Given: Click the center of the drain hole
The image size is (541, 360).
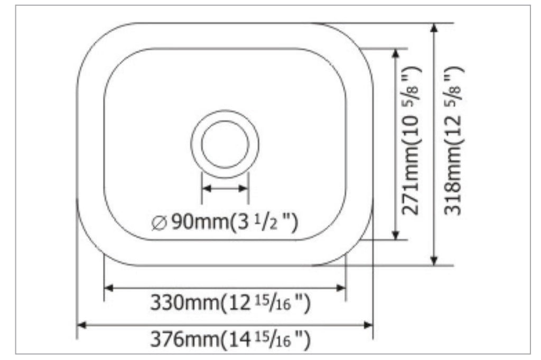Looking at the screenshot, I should pyautogui.click(x=225, y=143).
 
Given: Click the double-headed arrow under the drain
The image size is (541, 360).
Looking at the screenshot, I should pyautogui.click(x=225, y=188).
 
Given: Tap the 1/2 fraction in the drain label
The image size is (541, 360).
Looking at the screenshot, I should pyautogui.click(x=269, y=221).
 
